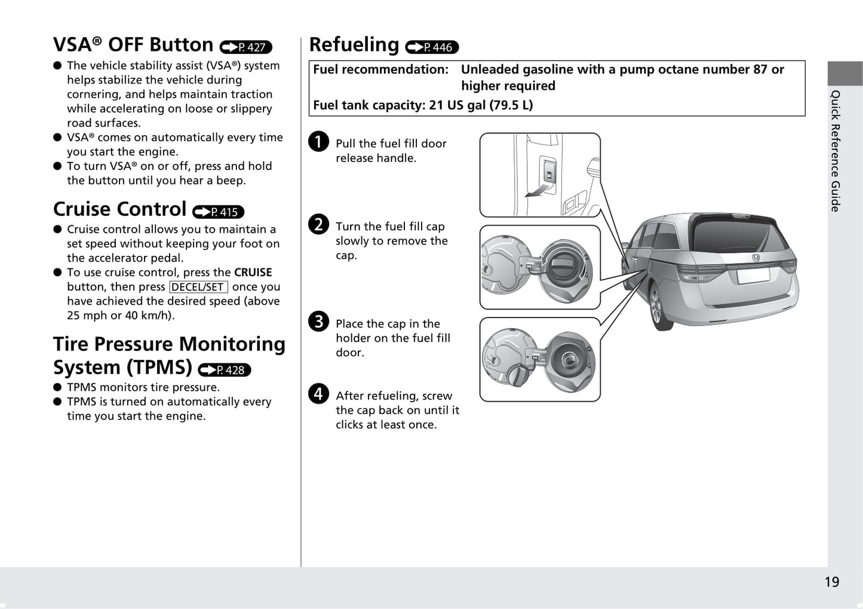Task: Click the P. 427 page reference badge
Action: click(x=246, y=47)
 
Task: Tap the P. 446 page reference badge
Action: click(x=432, y=47)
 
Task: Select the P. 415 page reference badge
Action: click(x=218, y=212)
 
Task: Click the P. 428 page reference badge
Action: click(x=224, y=370)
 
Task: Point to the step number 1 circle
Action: click(x=318, y=142)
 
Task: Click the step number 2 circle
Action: click(x=318, y=224)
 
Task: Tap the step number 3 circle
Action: click(x=318, y=321)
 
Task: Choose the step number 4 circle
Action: click(x=318, y=393)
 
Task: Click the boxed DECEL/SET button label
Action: click(x=198, y=287)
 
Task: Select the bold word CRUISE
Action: click(x=253, y=273)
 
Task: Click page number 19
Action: click(x=832, y=582)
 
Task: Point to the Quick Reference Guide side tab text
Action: click(x=835, y=151)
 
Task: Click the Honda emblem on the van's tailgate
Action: click(x=756, y=258)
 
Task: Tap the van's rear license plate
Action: click(x=753, y=276)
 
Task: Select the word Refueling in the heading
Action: click(x=354, y=44)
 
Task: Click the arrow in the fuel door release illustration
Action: click(x=538, y=191)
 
